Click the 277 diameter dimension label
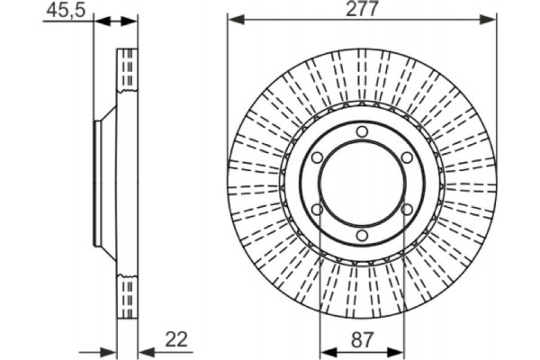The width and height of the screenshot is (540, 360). point(362,9)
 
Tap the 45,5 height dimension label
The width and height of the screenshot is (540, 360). point(66,11)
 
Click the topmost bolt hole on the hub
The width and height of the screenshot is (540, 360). point(362,131)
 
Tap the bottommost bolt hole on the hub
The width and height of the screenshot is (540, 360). point(362,236)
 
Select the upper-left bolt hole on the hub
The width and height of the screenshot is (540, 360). point(317,157)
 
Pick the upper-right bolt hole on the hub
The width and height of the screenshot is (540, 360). point(407,157)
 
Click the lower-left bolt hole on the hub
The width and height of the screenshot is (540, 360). point(317,210)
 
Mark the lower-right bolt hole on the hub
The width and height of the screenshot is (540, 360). point(407,210)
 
